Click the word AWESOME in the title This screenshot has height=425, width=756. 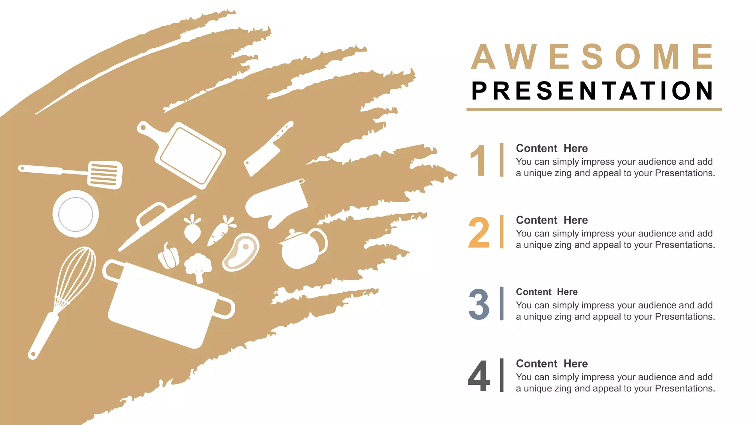pyautogui.click(x=593, y=57)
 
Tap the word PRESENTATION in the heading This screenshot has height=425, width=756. pyautogui.click(x=593, y=91)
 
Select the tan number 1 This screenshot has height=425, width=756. pyautogui.click(x=478, y=160)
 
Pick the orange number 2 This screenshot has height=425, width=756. pyautogui.click(x=479, y=232)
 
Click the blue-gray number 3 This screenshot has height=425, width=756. pyautogui.click(x=479, y=304)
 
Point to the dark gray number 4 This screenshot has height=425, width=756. pyautogui.click(x=479, y=376)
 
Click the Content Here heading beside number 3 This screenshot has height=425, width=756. pyautogui.click(x=546, y=292)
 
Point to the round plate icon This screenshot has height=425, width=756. pyautogui.click(x=76, y=214)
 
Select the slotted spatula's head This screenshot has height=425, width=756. pyautogui.click(x=105, y=175)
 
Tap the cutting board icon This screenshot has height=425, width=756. pyautogui.click(x=190, y=155)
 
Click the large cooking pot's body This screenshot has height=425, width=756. pyautogui.click(x=162, y=306)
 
